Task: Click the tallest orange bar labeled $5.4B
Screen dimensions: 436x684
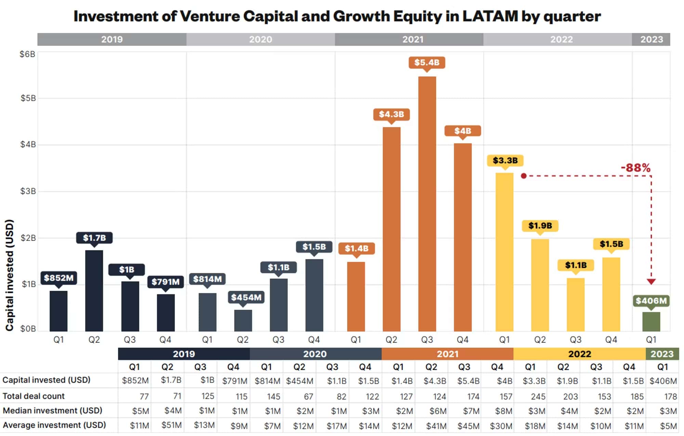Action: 427,204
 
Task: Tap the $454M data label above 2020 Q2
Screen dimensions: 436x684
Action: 246,297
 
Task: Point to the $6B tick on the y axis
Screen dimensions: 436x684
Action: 27,54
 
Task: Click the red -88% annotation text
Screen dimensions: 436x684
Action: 635,168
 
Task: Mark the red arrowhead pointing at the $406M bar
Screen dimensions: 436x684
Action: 651,282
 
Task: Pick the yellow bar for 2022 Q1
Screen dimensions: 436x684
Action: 504,252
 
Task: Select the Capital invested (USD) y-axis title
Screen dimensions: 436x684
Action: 10,275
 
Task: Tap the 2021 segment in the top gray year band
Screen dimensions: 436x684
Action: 412,39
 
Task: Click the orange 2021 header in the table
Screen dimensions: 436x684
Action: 447,354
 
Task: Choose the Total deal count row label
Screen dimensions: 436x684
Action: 34,396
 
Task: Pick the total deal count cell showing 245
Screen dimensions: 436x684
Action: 538,396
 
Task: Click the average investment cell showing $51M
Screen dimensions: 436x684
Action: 171,425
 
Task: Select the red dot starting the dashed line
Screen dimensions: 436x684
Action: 524,176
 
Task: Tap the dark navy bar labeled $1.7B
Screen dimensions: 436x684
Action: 94,290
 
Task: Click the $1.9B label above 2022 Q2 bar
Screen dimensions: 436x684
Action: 540,226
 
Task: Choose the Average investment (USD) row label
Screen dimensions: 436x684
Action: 54,425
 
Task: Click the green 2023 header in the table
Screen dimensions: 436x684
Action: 662,354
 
